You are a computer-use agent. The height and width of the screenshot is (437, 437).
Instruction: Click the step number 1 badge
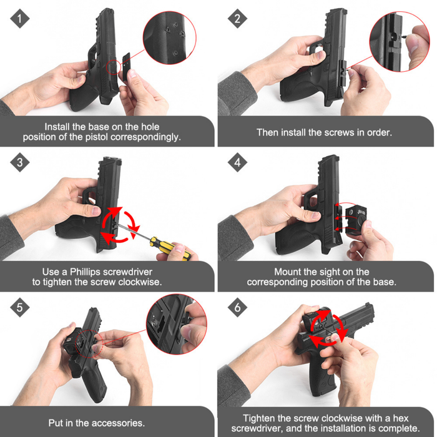pos(20,19)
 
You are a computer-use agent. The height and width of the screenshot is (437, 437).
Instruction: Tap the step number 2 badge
pos(237,19)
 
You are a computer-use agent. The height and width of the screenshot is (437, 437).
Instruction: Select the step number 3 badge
pos(20,164)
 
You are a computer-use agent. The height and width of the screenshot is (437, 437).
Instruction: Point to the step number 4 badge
pos(237,164)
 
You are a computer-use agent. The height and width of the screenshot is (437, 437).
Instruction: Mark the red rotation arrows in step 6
pos(328,330)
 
